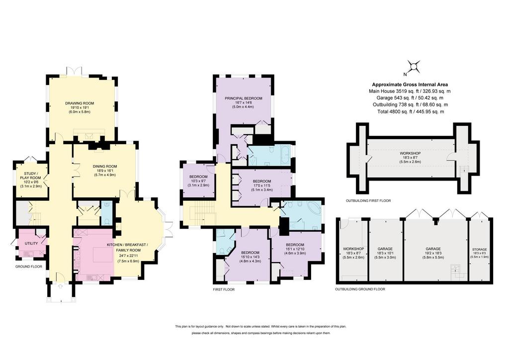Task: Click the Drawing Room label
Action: (x=79, y=103)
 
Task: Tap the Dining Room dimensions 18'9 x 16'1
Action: (x=104, y=171)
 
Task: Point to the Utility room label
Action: (x=31, y=244)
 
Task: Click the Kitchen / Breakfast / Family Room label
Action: (x=128, y=247)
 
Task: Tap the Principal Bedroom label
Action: (x=244, y=98)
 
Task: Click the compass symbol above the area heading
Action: (x=414, y=67)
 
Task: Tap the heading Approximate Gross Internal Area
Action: (x=410, y=85)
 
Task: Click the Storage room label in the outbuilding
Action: (x=480, y=250)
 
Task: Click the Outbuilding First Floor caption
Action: (x=368, y=200)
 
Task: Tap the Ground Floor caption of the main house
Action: (x=28, y=267)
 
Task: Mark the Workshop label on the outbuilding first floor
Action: (x=410, y=153)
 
